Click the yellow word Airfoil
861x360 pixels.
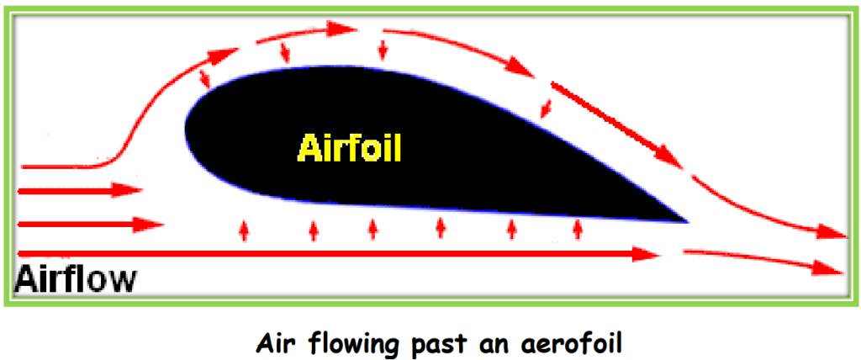pos(349,149)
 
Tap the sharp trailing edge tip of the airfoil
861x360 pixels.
pos(687,221)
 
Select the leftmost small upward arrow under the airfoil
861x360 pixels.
pos(245,230)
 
